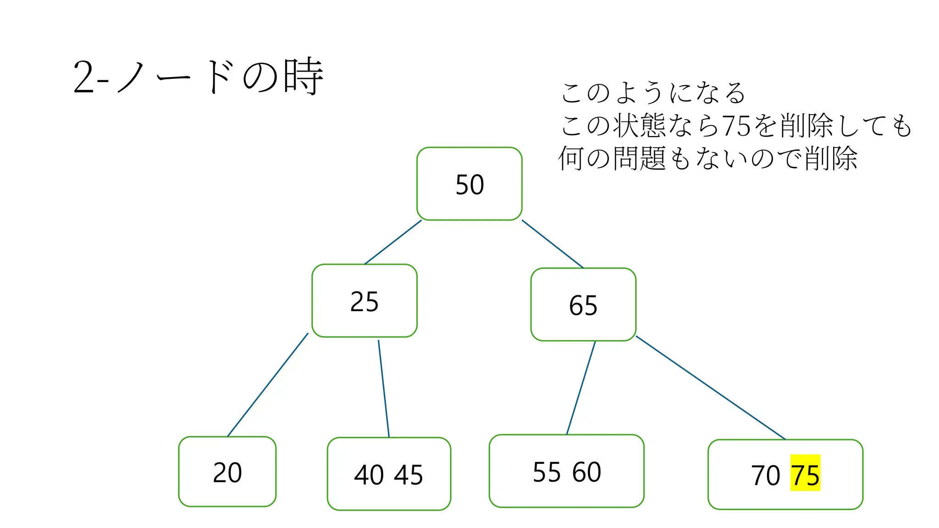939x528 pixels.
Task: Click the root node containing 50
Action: (469, 184)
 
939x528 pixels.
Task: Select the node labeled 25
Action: (364, 301)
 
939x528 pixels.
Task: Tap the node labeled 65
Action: (583, 305)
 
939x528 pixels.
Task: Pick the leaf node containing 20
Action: (227, 472)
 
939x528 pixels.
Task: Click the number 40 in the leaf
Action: (369, 475)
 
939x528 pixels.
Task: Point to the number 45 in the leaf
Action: (408, 475)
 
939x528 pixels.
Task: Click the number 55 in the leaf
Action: (547, 472)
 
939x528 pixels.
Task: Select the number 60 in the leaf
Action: (586, 472)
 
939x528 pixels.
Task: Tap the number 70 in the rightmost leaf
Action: (765, 475)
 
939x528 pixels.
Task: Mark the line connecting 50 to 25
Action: (392, 242)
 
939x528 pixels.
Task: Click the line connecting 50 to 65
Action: (552, 244)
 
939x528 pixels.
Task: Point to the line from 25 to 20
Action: (268, 385)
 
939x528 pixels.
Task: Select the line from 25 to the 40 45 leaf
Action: (384, 389)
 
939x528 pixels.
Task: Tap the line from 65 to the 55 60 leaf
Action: (581, 388)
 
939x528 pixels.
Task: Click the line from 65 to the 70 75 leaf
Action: (711, 388)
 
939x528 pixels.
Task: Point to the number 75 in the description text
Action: (736, 125)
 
